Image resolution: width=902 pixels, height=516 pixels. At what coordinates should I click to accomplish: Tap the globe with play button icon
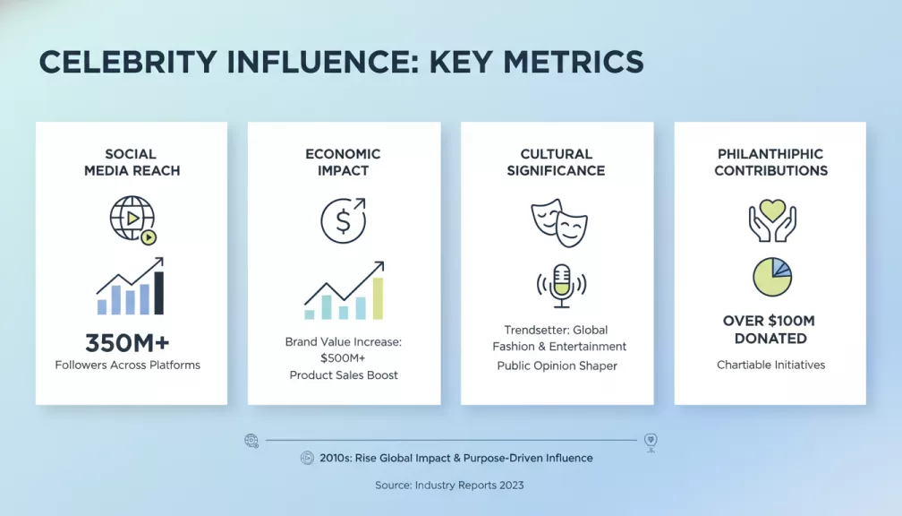click(x=132, y=218)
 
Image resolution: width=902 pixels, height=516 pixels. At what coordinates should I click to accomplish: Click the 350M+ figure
click(x=127, y=343)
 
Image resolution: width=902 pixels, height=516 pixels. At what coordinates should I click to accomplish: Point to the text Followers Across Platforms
click(x=127, y=365)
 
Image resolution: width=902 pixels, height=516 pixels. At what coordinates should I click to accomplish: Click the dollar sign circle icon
click(x=343, y=220)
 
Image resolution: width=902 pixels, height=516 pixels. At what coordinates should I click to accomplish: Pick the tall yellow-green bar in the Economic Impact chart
click(x=378, y=297)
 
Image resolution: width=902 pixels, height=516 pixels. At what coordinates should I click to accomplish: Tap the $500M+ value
click(x=343, y=358)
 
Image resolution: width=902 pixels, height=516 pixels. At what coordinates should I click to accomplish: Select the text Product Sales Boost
click(x=344, y=375)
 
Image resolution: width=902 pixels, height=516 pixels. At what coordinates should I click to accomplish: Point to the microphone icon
click(x=561, y=285)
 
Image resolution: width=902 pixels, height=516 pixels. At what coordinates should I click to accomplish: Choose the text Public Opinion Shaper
click(x=557, y=365)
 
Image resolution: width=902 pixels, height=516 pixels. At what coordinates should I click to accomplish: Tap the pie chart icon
click(x=771, y=278)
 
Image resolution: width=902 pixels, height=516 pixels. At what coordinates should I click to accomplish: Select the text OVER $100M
click(x=769, y=321)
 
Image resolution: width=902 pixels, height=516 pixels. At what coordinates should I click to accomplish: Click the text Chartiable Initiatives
click(x=770, y=365)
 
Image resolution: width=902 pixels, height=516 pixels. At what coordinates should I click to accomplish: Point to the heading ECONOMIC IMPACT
click(x=343, y=162)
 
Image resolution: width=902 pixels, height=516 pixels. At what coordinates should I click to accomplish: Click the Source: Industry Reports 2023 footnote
click(x=449, y=486)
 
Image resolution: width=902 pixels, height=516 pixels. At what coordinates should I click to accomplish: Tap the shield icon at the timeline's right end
click(x=651, y=442)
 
